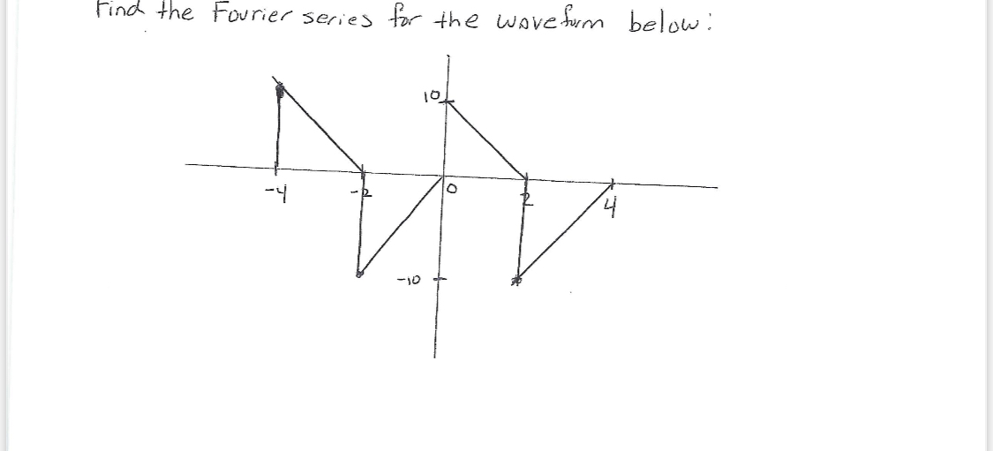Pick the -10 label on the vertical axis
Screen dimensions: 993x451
pos(412,280)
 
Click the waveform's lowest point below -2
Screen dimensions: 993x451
pos(359,274)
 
